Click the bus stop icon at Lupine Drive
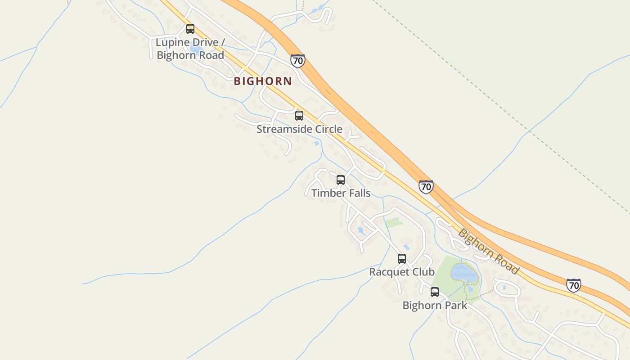tap(190, 29)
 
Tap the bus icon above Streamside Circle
tap(299, 116)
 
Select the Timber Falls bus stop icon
tap(341, 180)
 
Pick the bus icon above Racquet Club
tap(402, 259)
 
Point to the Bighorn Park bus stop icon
tap(435, 292)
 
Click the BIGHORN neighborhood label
tap(263, 81)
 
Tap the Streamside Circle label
tap(299, 129)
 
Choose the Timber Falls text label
tap(341, 193)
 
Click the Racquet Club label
tap(402, 272)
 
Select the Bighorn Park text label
tap(435, 305)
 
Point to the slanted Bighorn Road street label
tap(488, 252)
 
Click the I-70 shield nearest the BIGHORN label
tap(297, 61)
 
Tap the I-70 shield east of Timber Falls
tap(426, 186)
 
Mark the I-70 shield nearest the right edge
tap(573, 285)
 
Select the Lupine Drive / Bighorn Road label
tap(190, 49)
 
